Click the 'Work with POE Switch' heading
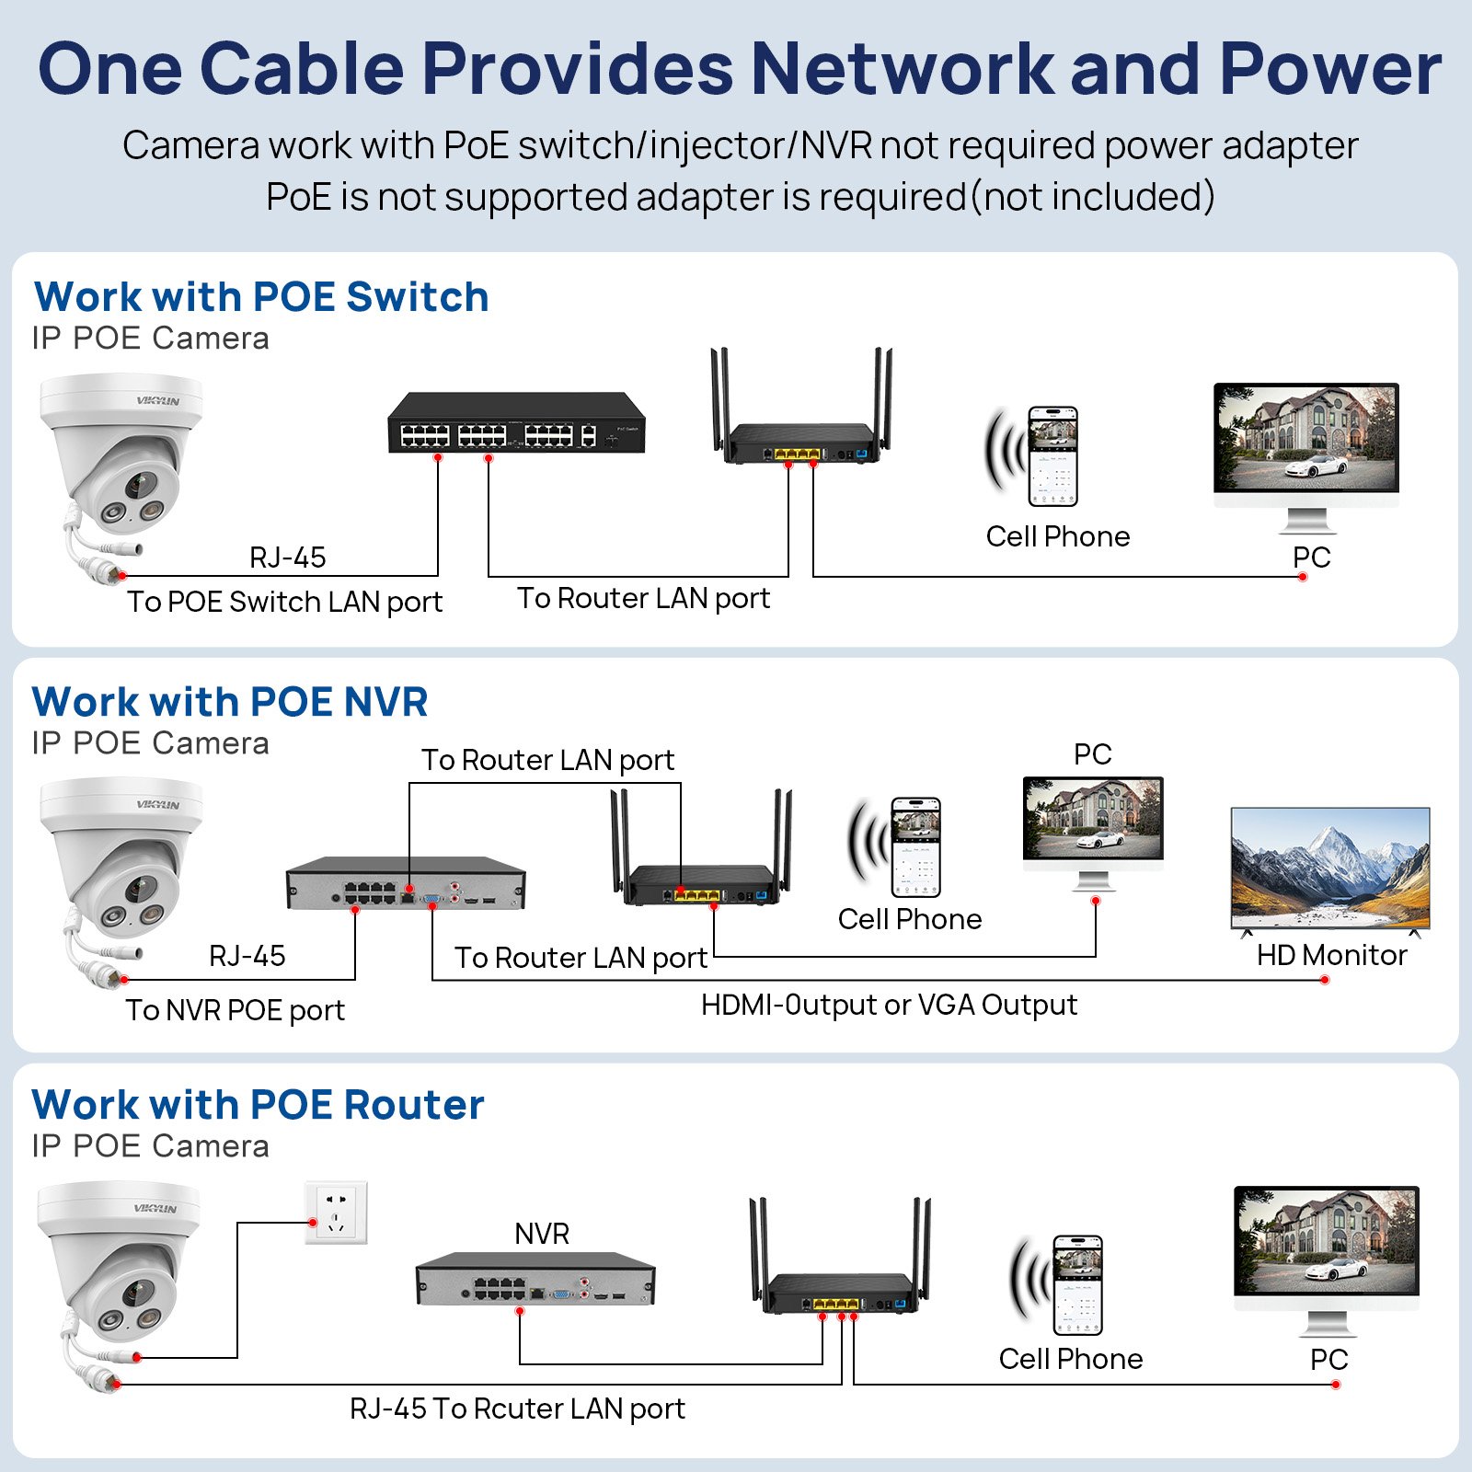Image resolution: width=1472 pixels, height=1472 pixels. coord(261,297)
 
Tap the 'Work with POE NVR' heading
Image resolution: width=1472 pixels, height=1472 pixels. coord(230,702)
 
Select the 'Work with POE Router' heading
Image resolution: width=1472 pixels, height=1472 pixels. coord(258,1105)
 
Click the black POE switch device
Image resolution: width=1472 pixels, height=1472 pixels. coord(516,423)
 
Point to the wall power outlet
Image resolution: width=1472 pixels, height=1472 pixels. coord(337,1213)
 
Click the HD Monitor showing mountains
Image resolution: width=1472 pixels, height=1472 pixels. coord(1330,868)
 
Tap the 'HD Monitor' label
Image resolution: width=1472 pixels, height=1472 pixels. coord(1331,956)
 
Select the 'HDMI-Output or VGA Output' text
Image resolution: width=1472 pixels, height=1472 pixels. coord(889,1005)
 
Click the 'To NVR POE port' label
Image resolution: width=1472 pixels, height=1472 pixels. coord(236,1010)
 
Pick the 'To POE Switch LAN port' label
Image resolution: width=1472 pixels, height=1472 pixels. coord(285,602)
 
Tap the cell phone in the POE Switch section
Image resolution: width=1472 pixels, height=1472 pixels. coord(1052,456)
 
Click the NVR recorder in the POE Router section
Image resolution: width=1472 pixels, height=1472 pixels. coord(535,1279)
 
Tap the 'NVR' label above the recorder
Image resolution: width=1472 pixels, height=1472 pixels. coord(542,1234)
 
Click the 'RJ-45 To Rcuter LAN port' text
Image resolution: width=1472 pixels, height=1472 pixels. coord(517,1409)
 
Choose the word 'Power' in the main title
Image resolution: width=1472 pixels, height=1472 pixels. coord(1330,69)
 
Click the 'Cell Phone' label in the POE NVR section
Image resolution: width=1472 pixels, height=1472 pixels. coord(910,919)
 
